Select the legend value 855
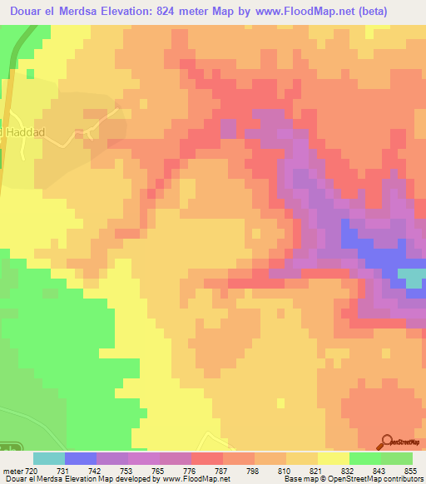[x=409, y=470]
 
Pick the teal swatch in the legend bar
[x=49, y=458]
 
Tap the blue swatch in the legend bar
[x=81, y=458]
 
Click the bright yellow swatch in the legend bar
[x=333, y=458]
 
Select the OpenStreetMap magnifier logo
[x=386, y=442]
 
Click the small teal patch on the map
[x=410, y=277]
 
